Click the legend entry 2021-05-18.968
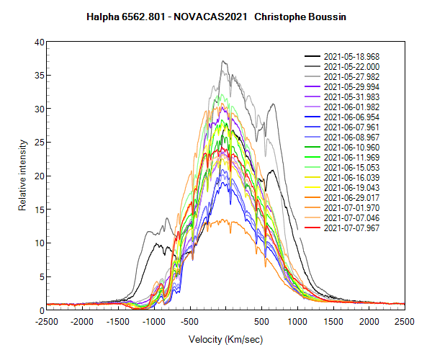coord(348,56)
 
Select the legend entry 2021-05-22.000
coord(348,66)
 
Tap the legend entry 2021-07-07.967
coord(348,228)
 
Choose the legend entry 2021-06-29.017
coord(348,197)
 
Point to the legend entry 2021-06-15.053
coord(348,167)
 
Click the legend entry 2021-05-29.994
coord(348,86)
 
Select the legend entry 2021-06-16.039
coord(348,177)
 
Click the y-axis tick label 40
coord(40,42)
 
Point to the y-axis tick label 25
coord(40,143)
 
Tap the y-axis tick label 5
coord(42,276)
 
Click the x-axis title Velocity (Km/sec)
coord(225,339)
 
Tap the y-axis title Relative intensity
coord(22,176)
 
